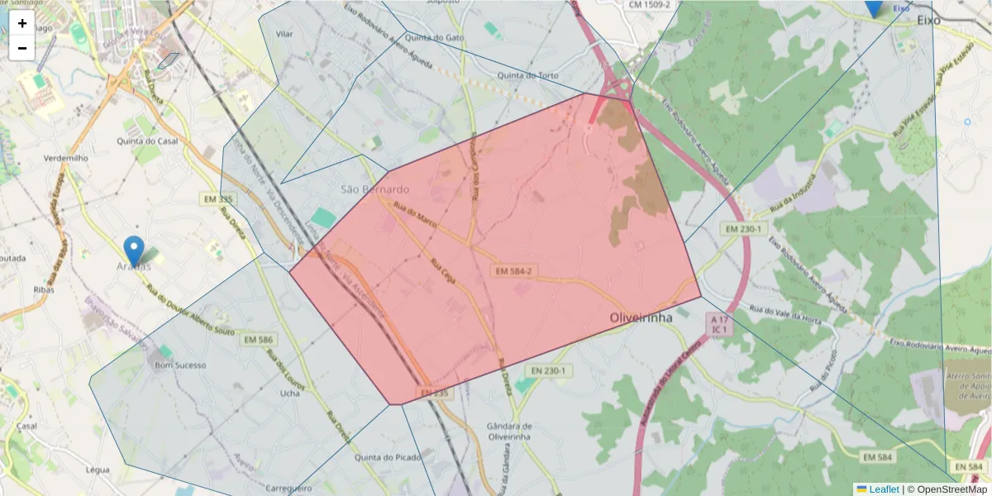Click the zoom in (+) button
[22, 23]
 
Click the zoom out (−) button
[22, 48]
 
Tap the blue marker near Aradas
[133, 250]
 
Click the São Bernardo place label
[374, 189]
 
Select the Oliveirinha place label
[640, 317]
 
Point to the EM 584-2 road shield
[514, 271]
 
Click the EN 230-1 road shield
[543, 370]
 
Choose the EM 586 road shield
[259, 339]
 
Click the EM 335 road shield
[217, 199]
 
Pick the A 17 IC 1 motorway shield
[719, 323]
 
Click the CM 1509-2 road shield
[649, 5]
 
